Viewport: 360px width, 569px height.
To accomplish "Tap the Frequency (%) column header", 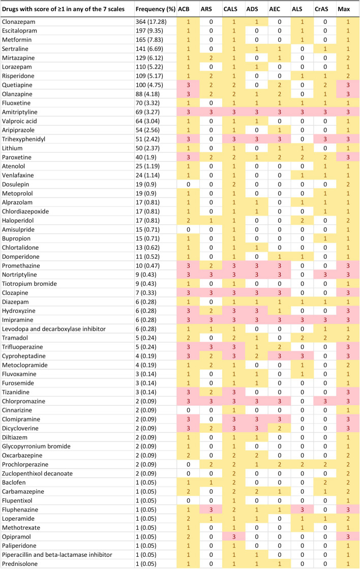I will click(x=156, y=9).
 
